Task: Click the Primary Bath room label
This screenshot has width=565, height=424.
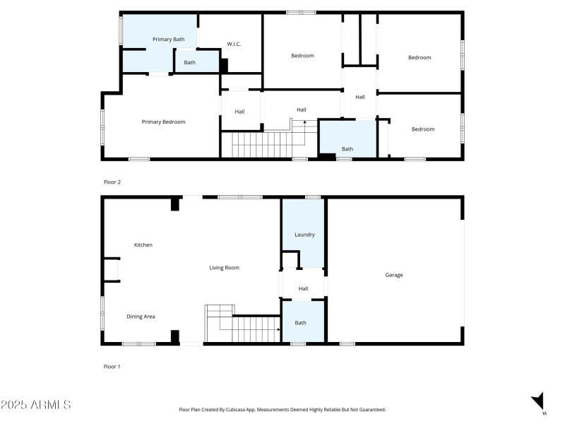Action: pyautogui.click(x=169, y=40)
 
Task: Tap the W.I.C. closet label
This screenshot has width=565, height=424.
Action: pyautogui.click(x=234, y=45)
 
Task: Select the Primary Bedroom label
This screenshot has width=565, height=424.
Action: pyautogui.click(x=163, y=122)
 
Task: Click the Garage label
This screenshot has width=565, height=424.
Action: pyautogui.click(x=394, y=275)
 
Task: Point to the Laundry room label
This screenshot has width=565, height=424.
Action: pyautogui.click(x=304, y=235)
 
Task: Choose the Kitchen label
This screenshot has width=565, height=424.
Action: pyautogui.click(x=143, y=245)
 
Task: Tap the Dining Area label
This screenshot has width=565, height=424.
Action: pyautogui.click(x=141, y=317)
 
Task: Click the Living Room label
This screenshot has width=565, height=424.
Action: pyautogui.click(x=224, y=268)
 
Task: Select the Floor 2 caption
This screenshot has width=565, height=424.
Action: pyautogui.click(x=112, y=182)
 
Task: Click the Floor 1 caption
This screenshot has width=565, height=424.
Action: pyautogui.click(x=112, y=367)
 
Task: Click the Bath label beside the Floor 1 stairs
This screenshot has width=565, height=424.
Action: pyautogui.click(x=301, y=323)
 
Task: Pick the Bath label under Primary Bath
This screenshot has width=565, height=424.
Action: pyautogui.click(x=190, y=63)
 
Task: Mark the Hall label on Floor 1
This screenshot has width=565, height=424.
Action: pyautogui.click(x=303, y=288)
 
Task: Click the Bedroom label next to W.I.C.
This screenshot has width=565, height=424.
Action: pyautogui.click(x=302, y=56)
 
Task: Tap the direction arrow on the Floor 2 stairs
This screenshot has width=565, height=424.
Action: pyautogui.click(x=305, y=124)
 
